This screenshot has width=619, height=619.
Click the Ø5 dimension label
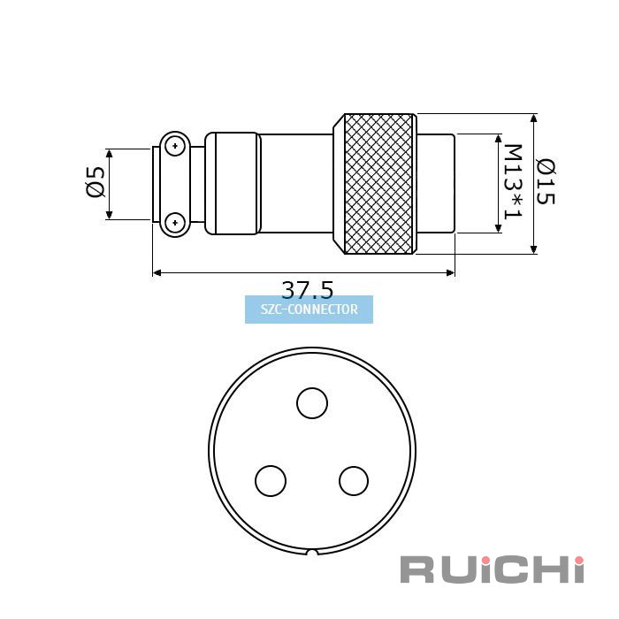click(x=96, y=182)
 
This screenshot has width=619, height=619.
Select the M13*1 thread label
click(x=513, y=181)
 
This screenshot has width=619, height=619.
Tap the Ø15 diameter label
click(x=546, y=181)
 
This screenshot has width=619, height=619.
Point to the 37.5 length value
click(x=307, y=289)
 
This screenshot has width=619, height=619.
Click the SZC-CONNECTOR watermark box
click(x=309, y=309)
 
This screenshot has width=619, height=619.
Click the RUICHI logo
click(x=492, y=569)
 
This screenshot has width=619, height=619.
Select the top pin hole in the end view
click(x=312, y=403)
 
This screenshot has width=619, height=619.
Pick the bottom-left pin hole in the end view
click(x=271, y=481)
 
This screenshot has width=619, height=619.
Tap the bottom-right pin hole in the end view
click(x=354, y=481)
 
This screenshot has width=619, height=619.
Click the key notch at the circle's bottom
click(x=312, y=553)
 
